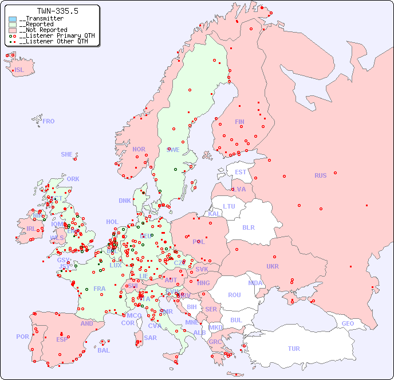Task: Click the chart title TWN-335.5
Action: pos(57,11)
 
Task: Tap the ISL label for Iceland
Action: pos(19,70)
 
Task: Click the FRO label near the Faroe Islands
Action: pos(49,121)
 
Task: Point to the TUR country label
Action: pos(294,349)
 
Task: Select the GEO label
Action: pos(348,323)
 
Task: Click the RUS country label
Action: pos(320,175)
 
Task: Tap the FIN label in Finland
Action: pos(239,122)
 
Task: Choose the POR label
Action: pos(22,337)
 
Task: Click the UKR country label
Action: pos(273,266)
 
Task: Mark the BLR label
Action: pos(248,227)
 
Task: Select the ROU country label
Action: pos(234,295)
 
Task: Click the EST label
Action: pos(241,172)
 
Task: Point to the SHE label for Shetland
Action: pos(67,154)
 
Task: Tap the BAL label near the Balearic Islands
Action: pos(104,350)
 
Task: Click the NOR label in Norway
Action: pos(139,149)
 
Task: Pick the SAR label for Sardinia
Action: pos(150,338)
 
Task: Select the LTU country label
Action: pos(229,206)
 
